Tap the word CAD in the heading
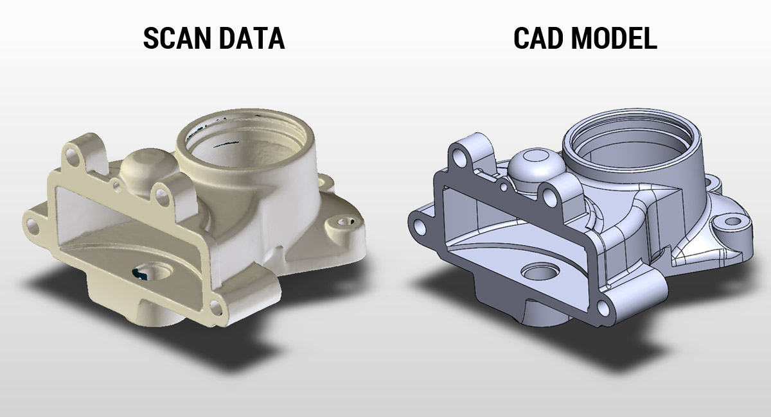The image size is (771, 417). click(x=538, y=38)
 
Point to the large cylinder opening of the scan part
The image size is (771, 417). click(x=246, y=143)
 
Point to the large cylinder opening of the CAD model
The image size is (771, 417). click(x=631, y=139)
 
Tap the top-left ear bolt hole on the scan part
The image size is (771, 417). click(x=72, y=158)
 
